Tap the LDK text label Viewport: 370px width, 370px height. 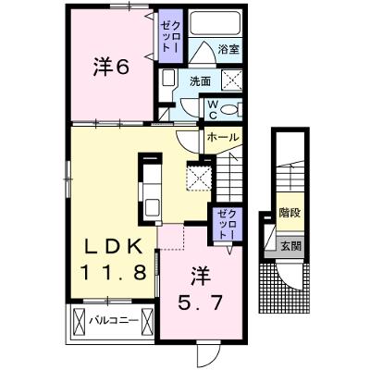coord(114,247)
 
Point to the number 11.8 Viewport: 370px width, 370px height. coord(113,273)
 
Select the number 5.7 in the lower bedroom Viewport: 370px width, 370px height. coord(200,302)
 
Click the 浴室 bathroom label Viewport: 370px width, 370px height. coord(228,49)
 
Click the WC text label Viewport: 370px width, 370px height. coord(213,110)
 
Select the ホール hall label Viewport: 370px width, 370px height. coord(223,137)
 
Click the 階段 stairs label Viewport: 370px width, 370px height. coord(290,213)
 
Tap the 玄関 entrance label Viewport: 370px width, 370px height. coord(290,247)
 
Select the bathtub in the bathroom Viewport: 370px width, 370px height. coord(216,23)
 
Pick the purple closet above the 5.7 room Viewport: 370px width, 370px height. coord(228,224)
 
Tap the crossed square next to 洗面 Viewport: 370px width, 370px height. coord(232,80)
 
